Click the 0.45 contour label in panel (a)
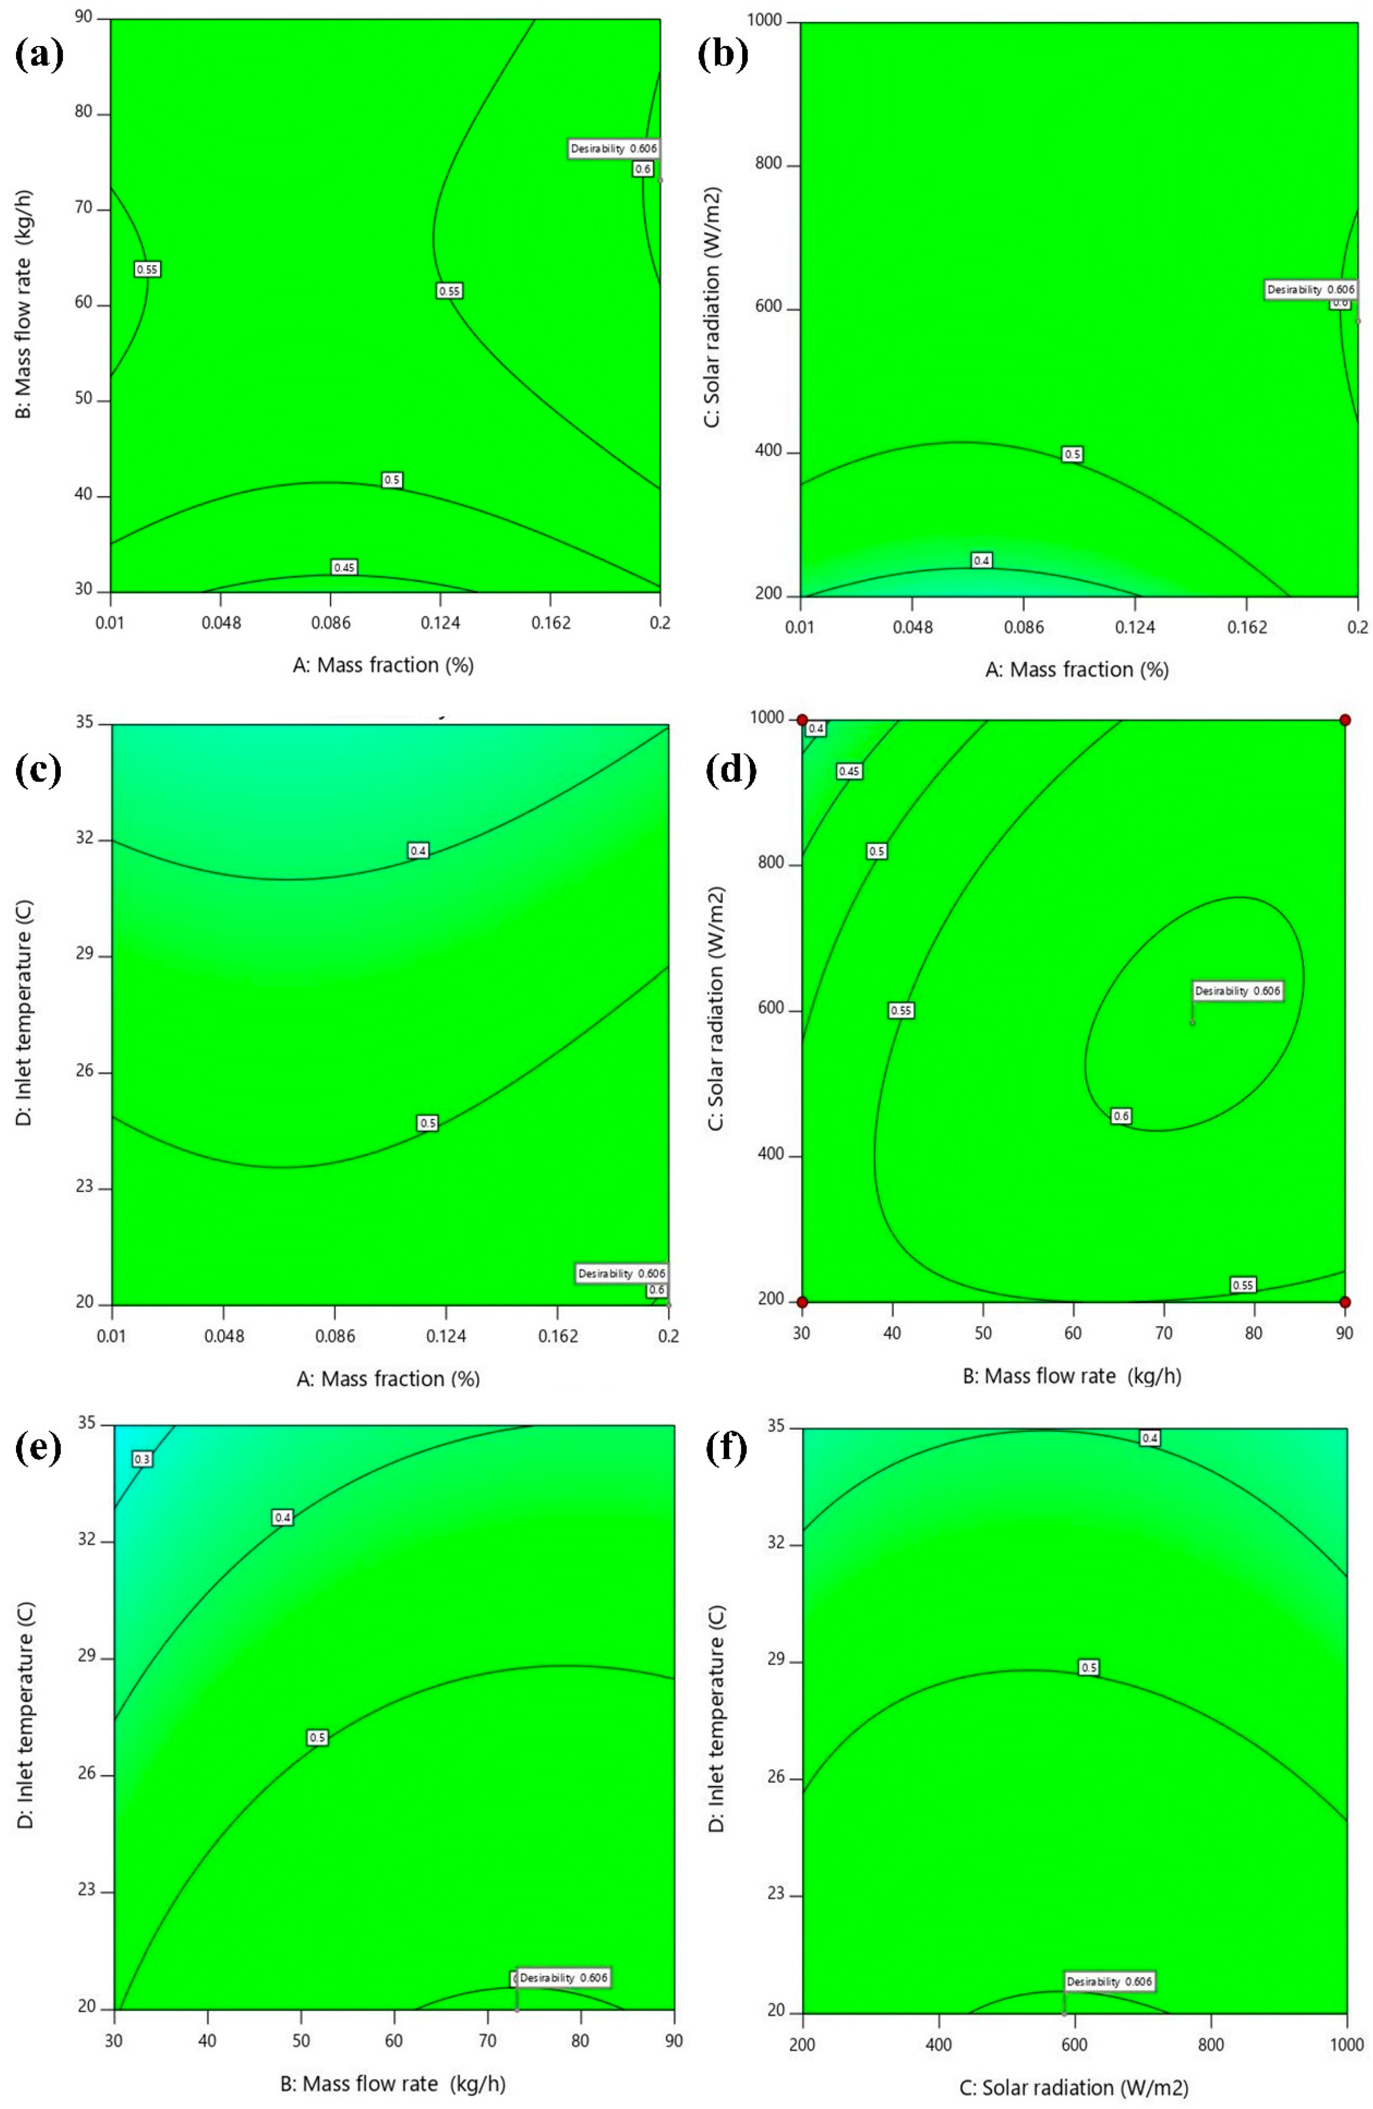coord(344,567)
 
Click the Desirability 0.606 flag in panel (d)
coord(1237,991)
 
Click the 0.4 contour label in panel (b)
coord(981,560)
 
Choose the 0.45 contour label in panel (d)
coord(849,771)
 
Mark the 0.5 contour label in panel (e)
coord(317,1738)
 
